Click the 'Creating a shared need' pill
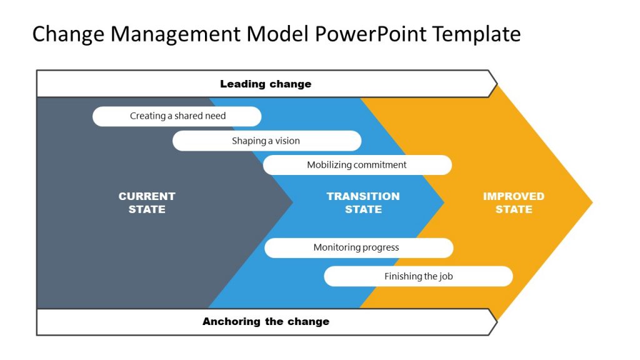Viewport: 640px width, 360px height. [177, 116]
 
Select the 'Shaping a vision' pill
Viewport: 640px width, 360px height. [266, 141]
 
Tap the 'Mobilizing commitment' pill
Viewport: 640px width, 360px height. [357, 165]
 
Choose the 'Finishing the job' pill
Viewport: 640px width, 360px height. [418, 276]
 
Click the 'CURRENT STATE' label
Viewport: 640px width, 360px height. [147, 202]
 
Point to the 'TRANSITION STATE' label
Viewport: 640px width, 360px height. [363, 202]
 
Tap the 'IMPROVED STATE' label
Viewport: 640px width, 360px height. [514, 202]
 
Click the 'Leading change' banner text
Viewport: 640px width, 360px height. [266, 84]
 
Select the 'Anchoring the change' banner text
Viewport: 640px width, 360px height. [266, 322]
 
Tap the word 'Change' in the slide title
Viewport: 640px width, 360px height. [69, 34]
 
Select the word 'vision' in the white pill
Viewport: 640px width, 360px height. [286, 141]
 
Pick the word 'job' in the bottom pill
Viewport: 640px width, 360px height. [446, 276]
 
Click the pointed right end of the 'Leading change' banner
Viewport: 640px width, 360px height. [496, 84]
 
